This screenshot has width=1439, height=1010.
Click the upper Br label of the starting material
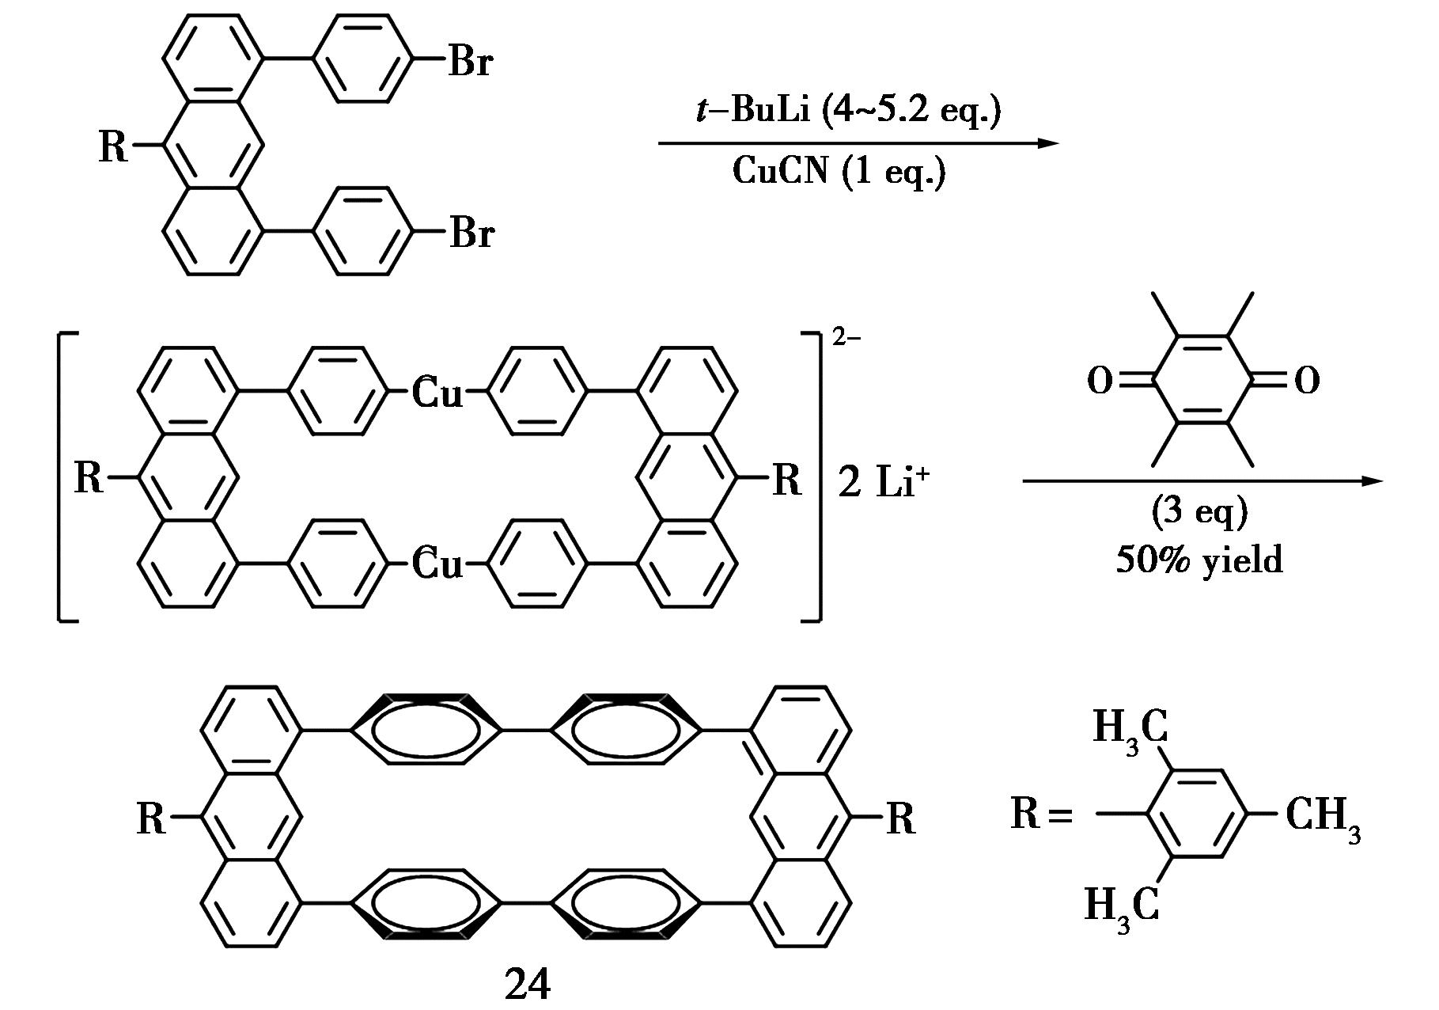471,61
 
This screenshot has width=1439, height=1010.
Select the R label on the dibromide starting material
113,146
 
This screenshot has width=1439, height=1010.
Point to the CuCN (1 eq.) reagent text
839,170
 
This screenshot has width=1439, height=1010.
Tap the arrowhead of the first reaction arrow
1047,143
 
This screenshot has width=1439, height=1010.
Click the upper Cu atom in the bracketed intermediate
437,393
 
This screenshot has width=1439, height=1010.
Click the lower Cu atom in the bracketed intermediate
437,564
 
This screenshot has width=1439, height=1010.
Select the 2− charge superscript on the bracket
846,338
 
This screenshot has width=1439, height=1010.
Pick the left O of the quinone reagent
1100,382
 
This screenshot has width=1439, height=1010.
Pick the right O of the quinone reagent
1307,382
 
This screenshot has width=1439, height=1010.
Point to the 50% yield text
1199,560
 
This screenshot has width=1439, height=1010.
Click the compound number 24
527,985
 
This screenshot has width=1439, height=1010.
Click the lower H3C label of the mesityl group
1122,906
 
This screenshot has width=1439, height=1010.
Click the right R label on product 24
900,819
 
